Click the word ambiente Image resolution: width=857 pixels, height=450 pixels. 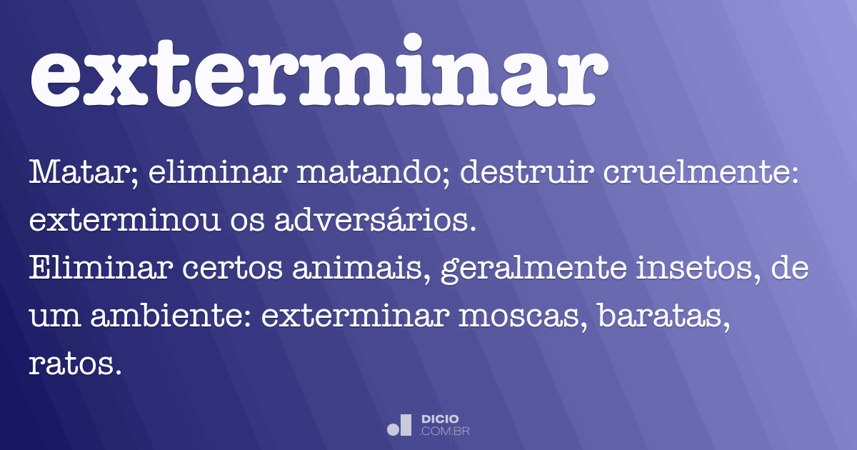tap(174, 317)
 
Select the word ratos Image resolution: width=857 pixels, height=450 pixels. tap(71, 365)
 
